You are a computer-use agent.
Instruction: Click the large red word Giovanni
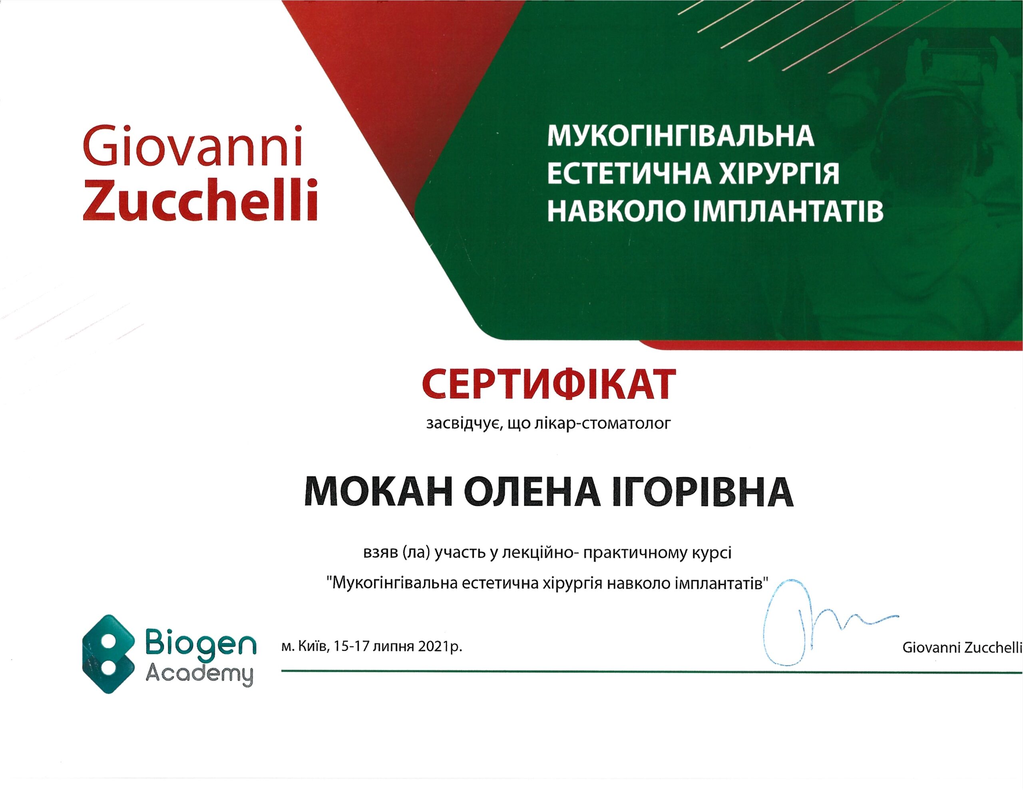tap(193, 146)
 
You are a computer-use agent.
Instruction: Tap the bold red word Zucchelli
tap(201, 199)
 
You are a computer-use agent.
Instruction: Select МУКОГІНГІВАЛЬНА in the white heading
tap(681, 136)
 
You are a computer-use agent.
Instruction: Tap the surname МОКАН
tap(379, 492)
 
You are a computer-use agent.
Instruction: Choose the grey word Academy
tap(199, 674)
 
